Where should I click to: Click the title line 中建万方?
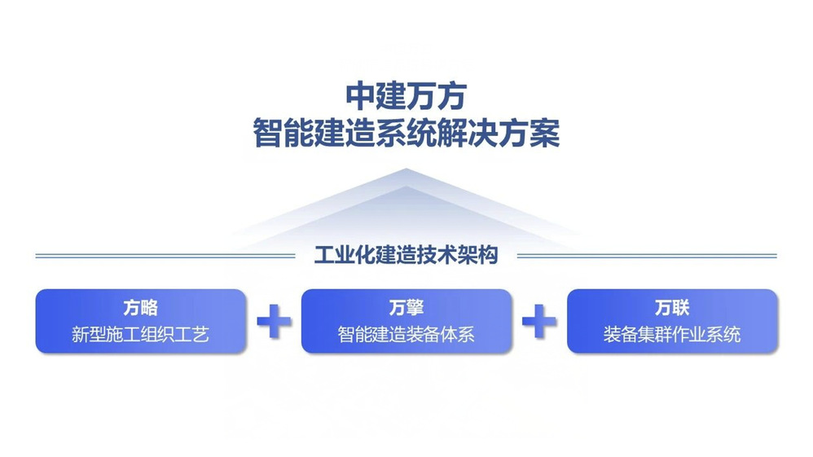click(406, 96)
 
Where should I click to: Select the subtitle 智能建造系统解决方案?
click(406, 134)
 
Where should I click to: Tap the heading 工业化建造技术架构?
click(406, 255)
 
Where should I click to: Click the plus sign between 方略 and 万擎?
click(275, 321)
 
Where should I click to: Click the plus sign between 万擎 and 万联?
click(539, 321)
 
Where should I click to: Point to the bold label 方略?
click(140, 308)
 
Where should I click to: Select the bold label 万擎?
click(406, 308)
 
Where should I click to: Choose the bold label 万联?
click(672, 308)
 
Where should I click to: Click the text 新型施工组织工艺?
click(140, 335)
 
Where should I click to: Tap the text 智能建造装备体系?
click(406, 335)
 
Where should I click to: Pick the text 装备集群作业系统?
click(672, 335)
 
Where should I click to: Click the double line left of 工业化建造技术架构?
click(165, 256)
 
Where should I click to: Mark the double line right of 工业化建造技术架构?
click(647, 256)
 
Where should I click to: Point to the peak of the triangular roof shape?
click(406, 169)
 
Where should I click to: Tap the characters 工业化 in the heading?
click(345, 255)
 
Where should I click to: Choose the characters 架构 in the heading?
click(478, 255)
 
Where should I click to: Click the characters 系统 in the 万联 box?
click(724, 335)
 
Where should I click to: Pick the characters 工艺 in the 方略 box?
click(192, 335)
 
